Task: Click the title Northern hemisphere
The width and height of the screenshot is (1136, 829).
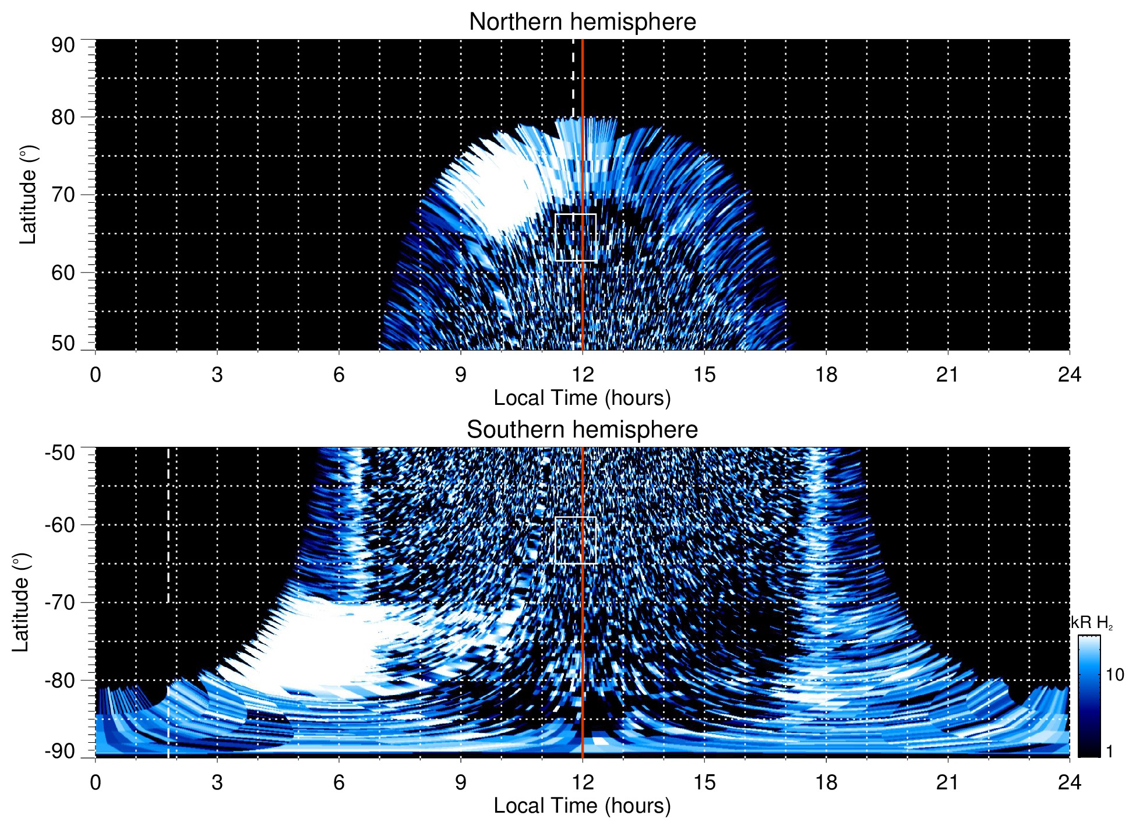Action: (x=582, y=22)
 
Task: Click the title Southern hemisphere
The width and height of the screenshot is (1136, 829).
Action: (x=582, y=430)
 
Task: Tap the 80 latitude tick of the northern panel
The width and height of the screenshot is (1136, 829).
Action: (x=63, y=117)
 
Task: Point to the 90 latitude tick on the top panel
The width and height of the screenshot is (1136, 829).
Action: (x=63, y=45)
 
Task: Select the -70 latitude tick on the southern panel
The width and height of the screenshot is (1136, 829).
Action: (x=59, y=602)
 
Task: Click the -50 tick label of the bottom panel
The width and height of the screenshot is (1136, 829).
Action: (x=59, y=453)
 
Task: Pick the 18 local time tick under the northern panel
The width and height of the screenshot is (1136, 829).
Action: (x=825, y=375)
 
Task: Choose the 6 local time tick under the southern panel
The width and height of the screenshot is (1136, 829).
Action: (x=339, y=782)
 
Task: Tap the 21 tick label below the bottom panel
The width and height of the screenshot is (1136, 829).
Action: (x=947, y=782)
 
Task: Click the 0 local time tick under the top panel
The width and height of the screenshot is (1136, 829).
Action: (x=96, y=375)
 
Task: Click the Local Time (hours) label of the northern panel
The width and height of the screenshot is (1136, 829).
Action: (x=582, y=398)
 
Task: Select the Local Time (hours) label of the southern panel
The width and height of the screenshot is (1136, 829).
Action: (x=582, y=806)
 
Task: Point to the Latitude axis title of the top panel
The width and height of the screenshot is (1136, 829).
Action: (x=28, y=195)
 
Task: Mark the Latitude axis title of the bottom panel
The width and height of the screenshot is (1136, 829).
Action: (x=21, y=602)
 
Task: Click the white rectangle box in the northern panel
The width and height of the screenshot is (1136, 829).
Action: (x=576, y=237)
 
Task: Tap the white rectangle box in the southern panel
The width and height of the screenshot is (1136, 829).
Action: (x=576, y=540)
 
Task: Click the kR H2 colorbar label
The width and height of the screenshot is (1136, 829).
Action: (x=1092, y=623)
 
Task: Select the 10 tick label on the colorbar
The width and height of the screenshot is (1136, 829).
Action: (x=1114, y=675)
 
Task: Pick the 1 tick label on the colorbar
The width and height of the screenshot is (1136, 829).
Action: (x=1109, y=752)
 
